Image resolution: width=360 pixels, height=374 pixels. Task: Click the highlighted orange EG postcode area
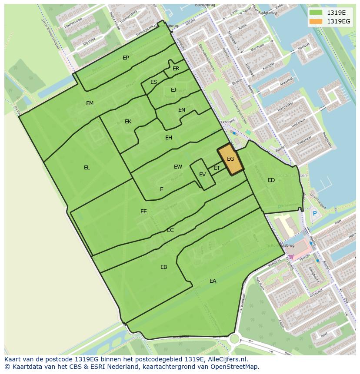point(230,159)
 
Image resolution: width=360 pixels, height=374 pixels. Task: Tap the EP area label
point(126,58)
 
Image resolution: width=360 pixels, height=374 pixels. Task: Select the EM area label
point(90,103)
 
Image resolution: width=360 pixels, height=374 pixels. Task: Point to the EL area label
point(87,168)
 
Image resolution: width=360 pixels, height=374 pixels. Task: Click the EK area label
point(128,122)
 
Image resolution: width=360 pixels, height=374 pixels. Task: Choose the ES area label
point(153,82)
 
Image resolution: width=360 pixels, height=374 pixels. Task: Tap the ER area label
point(176,69)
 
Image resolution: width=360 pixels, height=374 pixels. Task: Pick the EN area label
point(182,110)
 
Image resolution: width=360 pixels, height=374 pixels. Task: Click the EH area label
point(169,138)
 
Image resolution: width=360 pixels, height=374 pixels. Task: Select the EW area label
point(178,167)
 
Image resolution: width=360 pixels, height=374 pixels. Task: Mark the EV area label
point(202,175)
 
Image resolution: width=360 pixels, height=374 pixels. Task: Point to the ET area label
point(217,168)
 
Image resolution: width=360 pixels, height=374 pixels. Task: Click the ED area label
point(271,180)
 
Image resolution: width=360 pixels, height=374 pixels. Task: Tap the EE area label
point(143,212)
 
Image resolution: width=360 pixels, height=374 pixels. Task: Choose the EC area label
point(170,230)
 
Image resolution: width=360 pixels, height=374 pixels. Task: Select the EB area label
point(163,267)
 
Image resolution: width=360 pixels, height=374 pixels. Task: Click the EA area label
point(213,281)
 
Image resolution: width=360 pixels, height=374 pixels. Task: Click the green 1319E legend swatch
point(315,13)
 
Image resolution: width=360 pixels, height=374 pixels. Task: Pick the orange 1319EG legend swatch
point(315,21)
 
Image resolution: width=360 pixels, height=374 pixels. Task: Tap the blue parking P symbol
point(315,213)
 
